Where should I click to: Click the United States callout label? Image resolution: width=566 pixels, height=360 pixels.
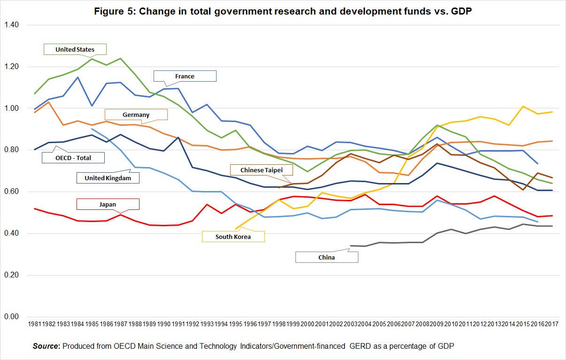[x=75, y=49]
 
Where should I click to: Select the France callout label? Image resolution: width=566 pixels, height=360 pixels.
[x=185, y=76]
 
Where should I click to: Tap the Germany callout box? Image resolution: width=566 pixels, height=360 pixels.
[x=136, y=115]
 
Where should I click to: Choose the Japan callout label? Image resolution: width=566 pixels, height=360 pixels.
[x=108, y=204]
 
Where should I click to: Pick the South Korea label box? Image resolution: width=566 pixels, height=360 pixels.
[x=233, y=237]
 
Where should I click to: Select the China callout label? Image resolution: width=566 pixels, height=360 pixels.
[x=326, y=257]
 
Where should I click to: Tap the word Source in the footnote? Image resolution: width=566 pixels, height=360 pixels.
[x=47, y=346]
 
